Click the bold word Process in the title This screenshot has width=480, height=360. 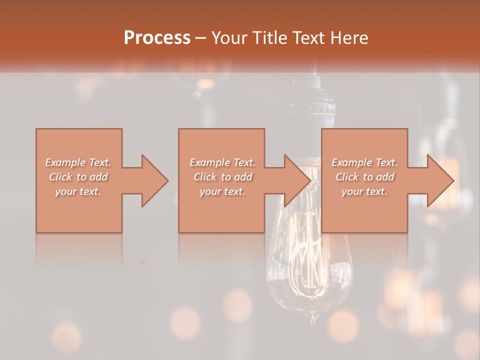click(x=157, y=38)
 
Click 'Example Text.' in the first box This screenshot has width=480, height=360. click(x=78, y=162)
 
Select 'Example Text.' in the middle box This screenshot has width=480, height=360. click(x=222, y=162)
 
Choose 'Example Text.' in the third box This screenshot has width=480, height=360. click(x=364, y=162)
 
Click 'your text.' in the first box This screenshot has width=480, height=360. click(x=78, y=191)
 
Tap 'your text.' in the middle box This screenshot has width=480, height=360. click(x=222, y=191)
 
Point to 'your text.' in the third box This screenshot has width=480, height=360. click(x=364, y=191)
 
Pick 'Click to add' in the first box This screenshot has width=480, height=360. click(x=78, y=177)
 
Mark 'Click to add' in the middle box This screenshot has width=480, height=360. click(x=222, y=177)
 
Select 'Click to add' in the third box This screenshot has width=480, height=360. click(x=364, y=177)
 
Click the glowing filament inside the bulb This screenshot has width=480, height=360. click(x=311, y=250)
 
